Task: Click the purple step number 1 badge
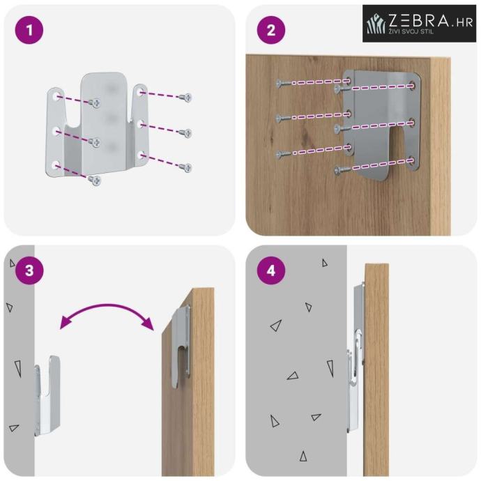pyautogui.click(x=29, y=30)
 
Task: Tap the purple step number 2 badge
pyautogui.click(x=271, y=30)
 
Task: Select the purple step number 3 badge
pyautogui.click(x=29, y=270)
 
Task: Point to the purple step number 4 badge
pyautogui.click(x=271, y=270)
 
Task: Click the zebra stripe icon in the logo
pyautogui.click(x=376, y=24)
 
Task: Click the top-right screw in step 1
pyautogui.click(x=185, y=98)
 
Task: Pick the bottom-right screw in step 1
pyautogui.click(x=185, y=167)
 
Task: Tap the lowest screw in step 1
pyautogui.click(x=95, y=180)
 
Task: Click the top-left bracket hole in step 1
pyautogui.click(x=56, y=96)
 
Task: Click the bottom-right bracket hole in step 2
pyautogui.click(x=411, y=160)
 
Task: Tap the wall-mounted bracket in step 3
pyautogui.click(x=47, y=396)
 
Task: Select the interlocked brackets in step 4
pyautogui.click(x=356, y=358)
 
